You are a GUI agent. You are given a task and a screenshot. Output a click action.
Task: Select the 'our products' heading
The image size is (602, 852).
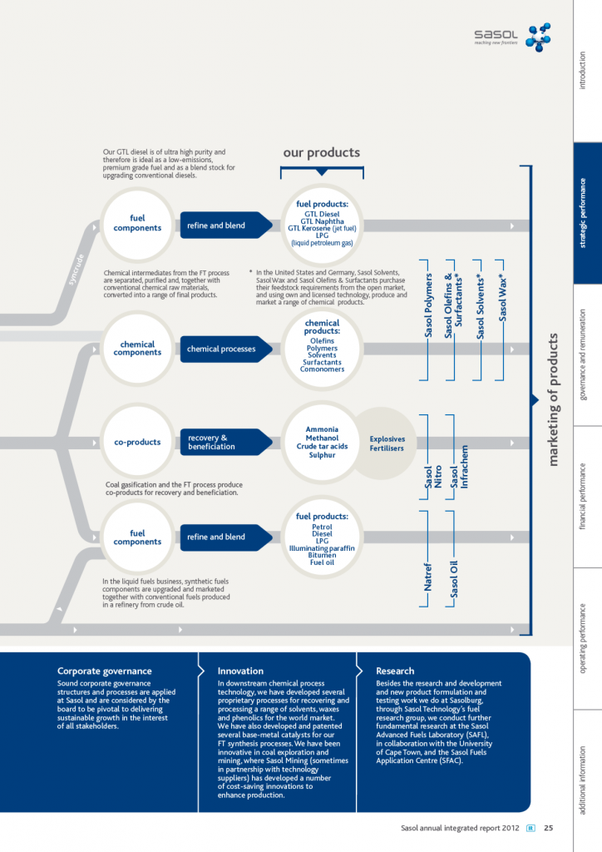click(321, 152)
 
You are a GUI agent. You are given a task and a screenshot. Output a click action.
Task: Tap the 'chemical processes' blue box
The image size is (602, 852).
click(221, 349)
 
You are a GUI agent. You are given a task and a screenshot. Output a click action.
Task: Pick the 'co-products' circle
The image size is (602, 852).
click(137, 442)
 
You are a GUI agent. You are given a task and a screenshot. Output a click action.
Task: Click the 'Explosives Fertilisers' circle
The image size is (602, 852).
click(387, 443)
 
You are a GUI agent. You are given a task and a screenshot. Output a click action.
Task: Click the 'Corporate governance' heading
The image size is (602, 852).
click(104, 671)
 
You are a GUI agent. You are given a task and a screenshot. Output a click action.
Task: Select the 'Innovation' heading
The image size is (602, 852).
click(240, 671)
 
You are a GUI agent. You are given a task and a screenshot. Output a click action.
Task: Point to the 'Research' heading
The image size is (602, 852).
click(395, 671)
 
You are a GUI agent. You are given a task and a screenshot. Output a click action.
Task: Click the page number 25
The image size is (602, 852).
click(549, 828)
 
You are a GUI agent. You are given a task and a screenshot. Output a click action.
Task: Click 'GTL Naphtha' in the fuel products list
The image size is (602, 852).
click(322, 220)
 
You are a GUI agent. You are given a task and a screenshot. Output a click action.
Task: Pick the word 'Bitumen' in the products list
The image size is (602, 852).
click(322, 555)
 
